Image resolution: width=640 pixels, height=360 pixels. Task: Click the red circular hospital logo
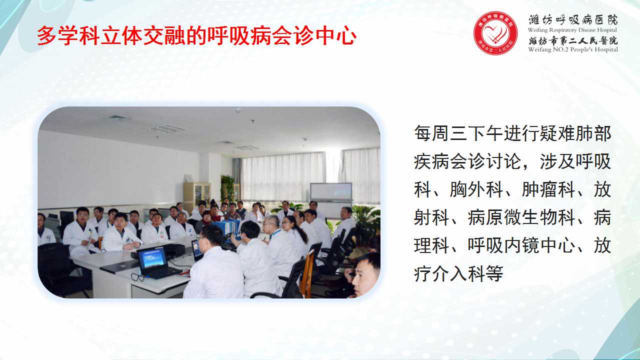(495, 33)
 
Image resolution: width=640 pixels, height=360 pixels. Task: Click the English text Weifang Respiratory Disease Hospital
(572, 30)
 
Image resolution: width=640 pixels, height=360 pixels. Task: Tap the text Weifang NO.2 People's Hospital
(573, 49)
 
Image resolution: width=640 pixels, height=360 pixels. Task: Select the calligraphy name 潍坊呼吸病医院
(573, 19)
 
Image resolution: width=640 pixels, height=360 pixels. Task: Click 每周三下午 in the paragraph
(458, 133)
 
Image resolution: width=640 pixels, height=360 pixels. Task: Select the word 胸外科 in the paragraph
(476, 189)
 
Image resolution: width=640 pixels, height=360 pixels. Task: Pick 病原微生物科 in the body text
(521, 217)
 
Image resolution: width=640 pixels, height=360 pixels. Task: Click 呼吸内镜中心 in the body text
(521, 245)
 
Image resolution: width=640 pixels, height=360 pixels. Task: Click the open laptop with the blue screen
(155, 262)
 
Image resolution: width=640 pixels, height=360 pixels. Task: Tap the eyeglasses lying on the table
(138, 277)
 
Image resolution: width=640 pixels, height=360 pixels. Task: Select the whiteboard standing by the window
(331, 200)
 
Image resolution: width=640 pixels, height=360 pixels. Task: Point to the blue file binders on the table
(227, 229)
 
